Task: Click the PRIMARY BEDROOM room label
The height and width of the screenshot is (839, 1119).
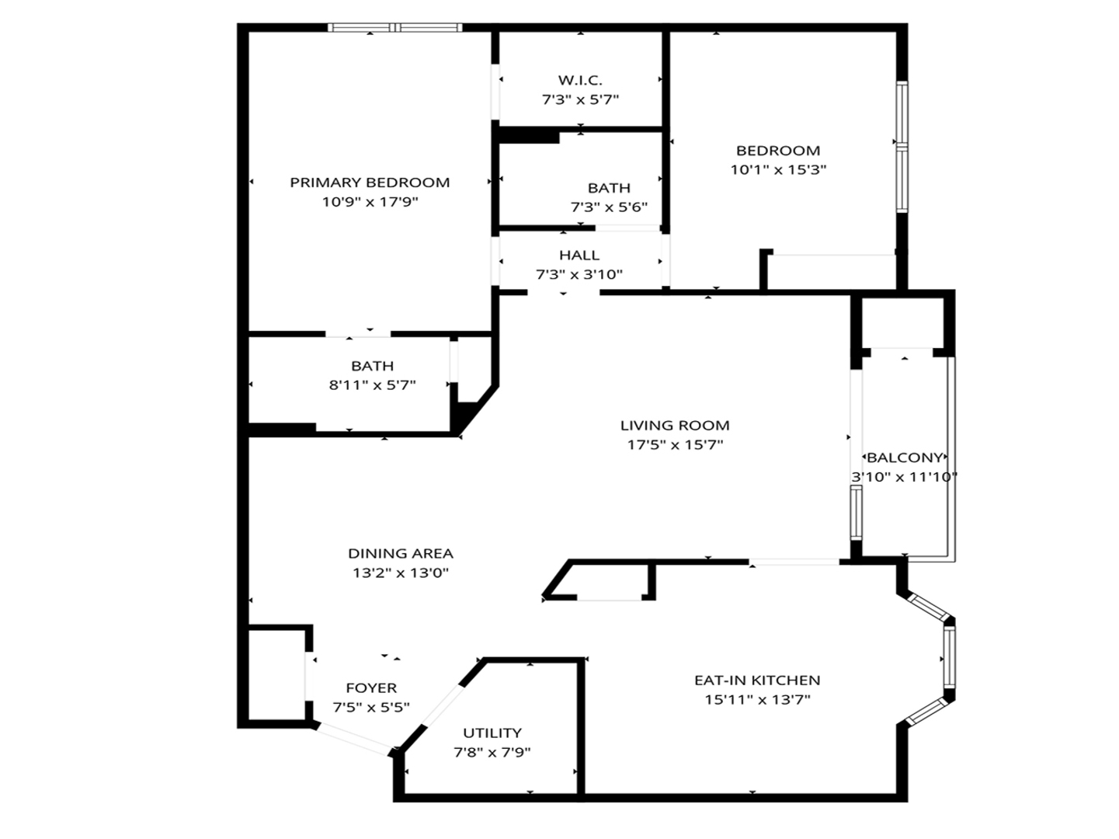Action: [x=370, y=183]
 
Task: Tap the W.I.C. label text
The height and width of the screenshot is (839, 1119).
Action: [x=580, y=80]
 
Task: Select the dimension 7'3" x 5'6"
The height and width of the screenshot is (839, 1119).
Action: [x=609, y=207]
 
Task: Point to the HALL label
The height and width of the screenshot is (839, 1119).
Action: [x=579, y=255]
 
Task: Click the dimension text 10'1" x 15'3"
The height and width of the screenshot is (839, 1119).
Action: [x=778, y=170]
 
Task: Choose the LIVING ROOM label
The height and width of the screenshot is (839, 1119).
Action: [x=675, y=425]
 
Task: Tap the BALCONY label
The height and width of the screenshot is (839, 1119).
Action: [x=905, y=458]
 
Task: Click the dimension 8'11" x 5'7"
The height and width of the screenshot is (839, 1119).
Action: [x=373, y=385]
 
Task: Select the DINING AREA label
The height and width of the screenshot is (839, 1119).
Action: [x=401, y=553]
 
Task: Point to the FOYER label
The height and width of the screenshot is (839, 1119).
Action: [x=371, y=688]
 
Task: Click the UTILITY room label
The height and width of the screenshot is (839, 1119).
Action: [x=492, y=733]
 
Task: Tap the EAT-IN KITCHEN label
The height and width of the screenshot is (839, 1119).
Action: [x=757, y=680]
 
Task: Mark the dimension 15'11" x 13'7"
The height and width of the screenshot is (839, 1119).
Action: [x=757, y=699]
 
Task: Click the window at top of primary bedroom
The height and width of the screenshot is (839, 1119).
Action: [x=394, y=28]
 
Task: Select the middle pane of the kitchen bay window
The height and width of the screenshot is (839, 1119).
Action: [x=949, y=656]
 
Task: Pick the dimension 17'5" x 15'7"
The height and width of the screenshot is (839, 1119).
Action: [x=675, y=445]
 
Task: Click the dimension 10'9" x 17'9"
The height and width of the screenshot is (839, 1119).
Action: [x=370, y=202]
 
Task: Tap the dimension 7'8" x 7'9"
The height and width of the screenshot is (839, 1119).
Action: [x=492, y=752]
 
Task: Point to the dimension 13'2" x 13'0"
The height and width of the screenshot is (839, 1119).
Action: [x=401, y=573]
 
